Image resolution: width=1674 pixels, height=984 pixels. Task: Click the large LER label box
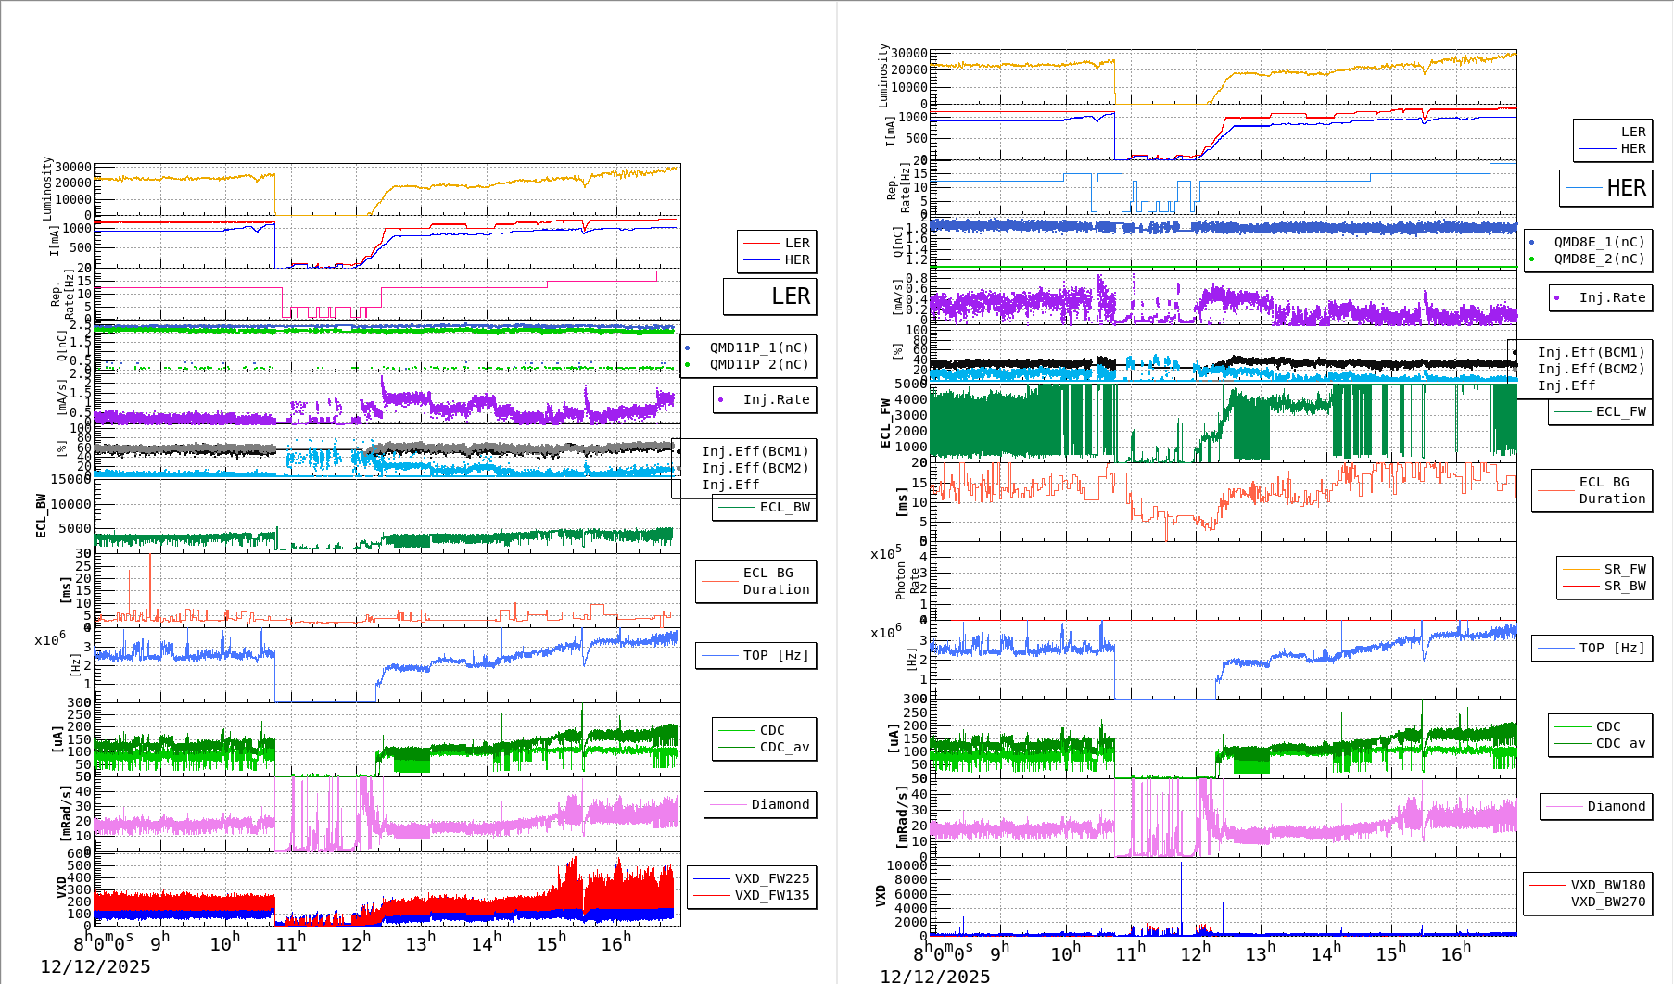pyautogui.click(x=770, y=296)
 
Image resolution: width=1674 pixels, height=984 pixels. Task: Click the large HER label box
pyautogui.click(x=1606, y=188)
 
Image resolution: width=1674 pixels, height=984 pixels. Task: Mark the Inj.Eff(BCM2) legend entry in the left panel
pyautogui.click(x=755, y=468)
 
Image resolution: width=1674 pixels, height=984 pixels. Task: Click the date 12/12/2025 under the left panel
pyautogui.click(x=95, y=966)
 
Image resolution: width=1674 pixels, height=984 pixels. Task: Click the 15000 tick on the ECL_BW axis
pyautogui.click(x=70, y=479)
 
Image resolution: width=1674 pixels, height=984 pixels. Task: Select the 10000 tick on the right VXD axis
pyautogui.click(x=907, y=866)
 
